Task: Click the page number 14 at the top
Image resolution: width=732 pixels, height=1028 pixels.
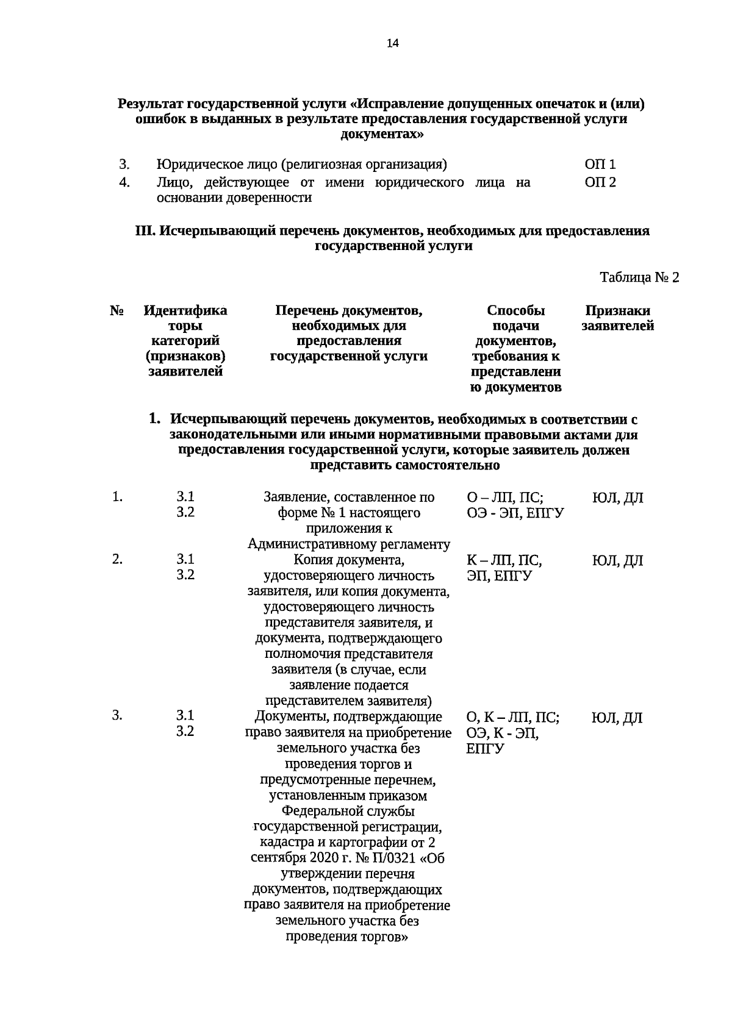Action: pos(392,43)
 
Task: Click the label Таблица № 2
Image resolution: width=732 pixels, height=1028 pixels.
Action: pos(639,278)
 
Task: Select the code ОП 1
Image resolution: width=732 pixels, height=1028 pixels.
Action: pos(600,164)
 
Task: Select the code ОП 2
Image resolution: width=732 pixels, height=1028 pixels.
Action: pos(600,182)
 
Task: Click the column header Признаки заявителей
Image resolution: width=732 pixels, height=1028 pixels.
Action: pos(617,318)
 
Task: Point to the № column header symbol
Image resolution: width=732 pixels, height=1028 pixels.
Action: pos(117,311)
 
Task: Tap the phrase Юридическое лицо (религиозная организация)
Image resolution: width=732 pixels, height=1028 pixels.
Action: pos(301,164)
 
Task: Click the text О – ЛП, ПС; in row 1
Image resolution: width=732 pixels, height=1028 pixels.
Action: pos(504,498)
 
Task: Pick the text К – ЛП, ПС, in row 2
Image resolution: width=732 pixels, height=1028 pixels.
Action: pos(504,560)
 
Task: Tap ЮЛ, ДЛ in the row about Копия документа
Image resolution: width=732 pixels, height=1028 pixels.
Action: pos(617,560)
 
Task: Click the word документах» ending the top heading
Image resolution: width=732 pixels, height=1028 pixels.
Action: pos(381,134)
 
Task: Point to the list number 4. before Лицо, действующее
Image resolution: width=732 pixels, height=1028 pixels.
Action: pos(124,182)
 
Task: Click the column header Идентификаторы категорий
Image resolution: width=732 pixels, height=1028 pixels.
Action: pos(185,341)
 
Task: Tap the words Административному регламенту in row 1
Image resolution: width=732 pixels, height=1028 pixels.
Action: pos(349,544)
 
